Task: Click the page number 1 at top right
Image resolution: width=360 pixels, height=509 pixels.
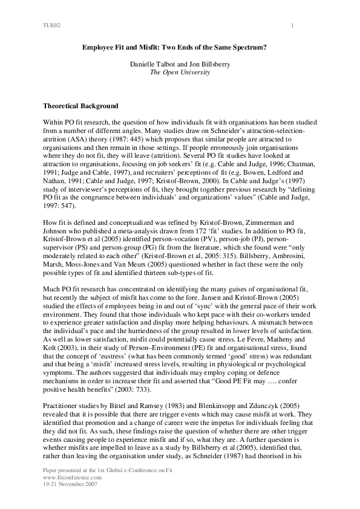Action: [x=292, y=25]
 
